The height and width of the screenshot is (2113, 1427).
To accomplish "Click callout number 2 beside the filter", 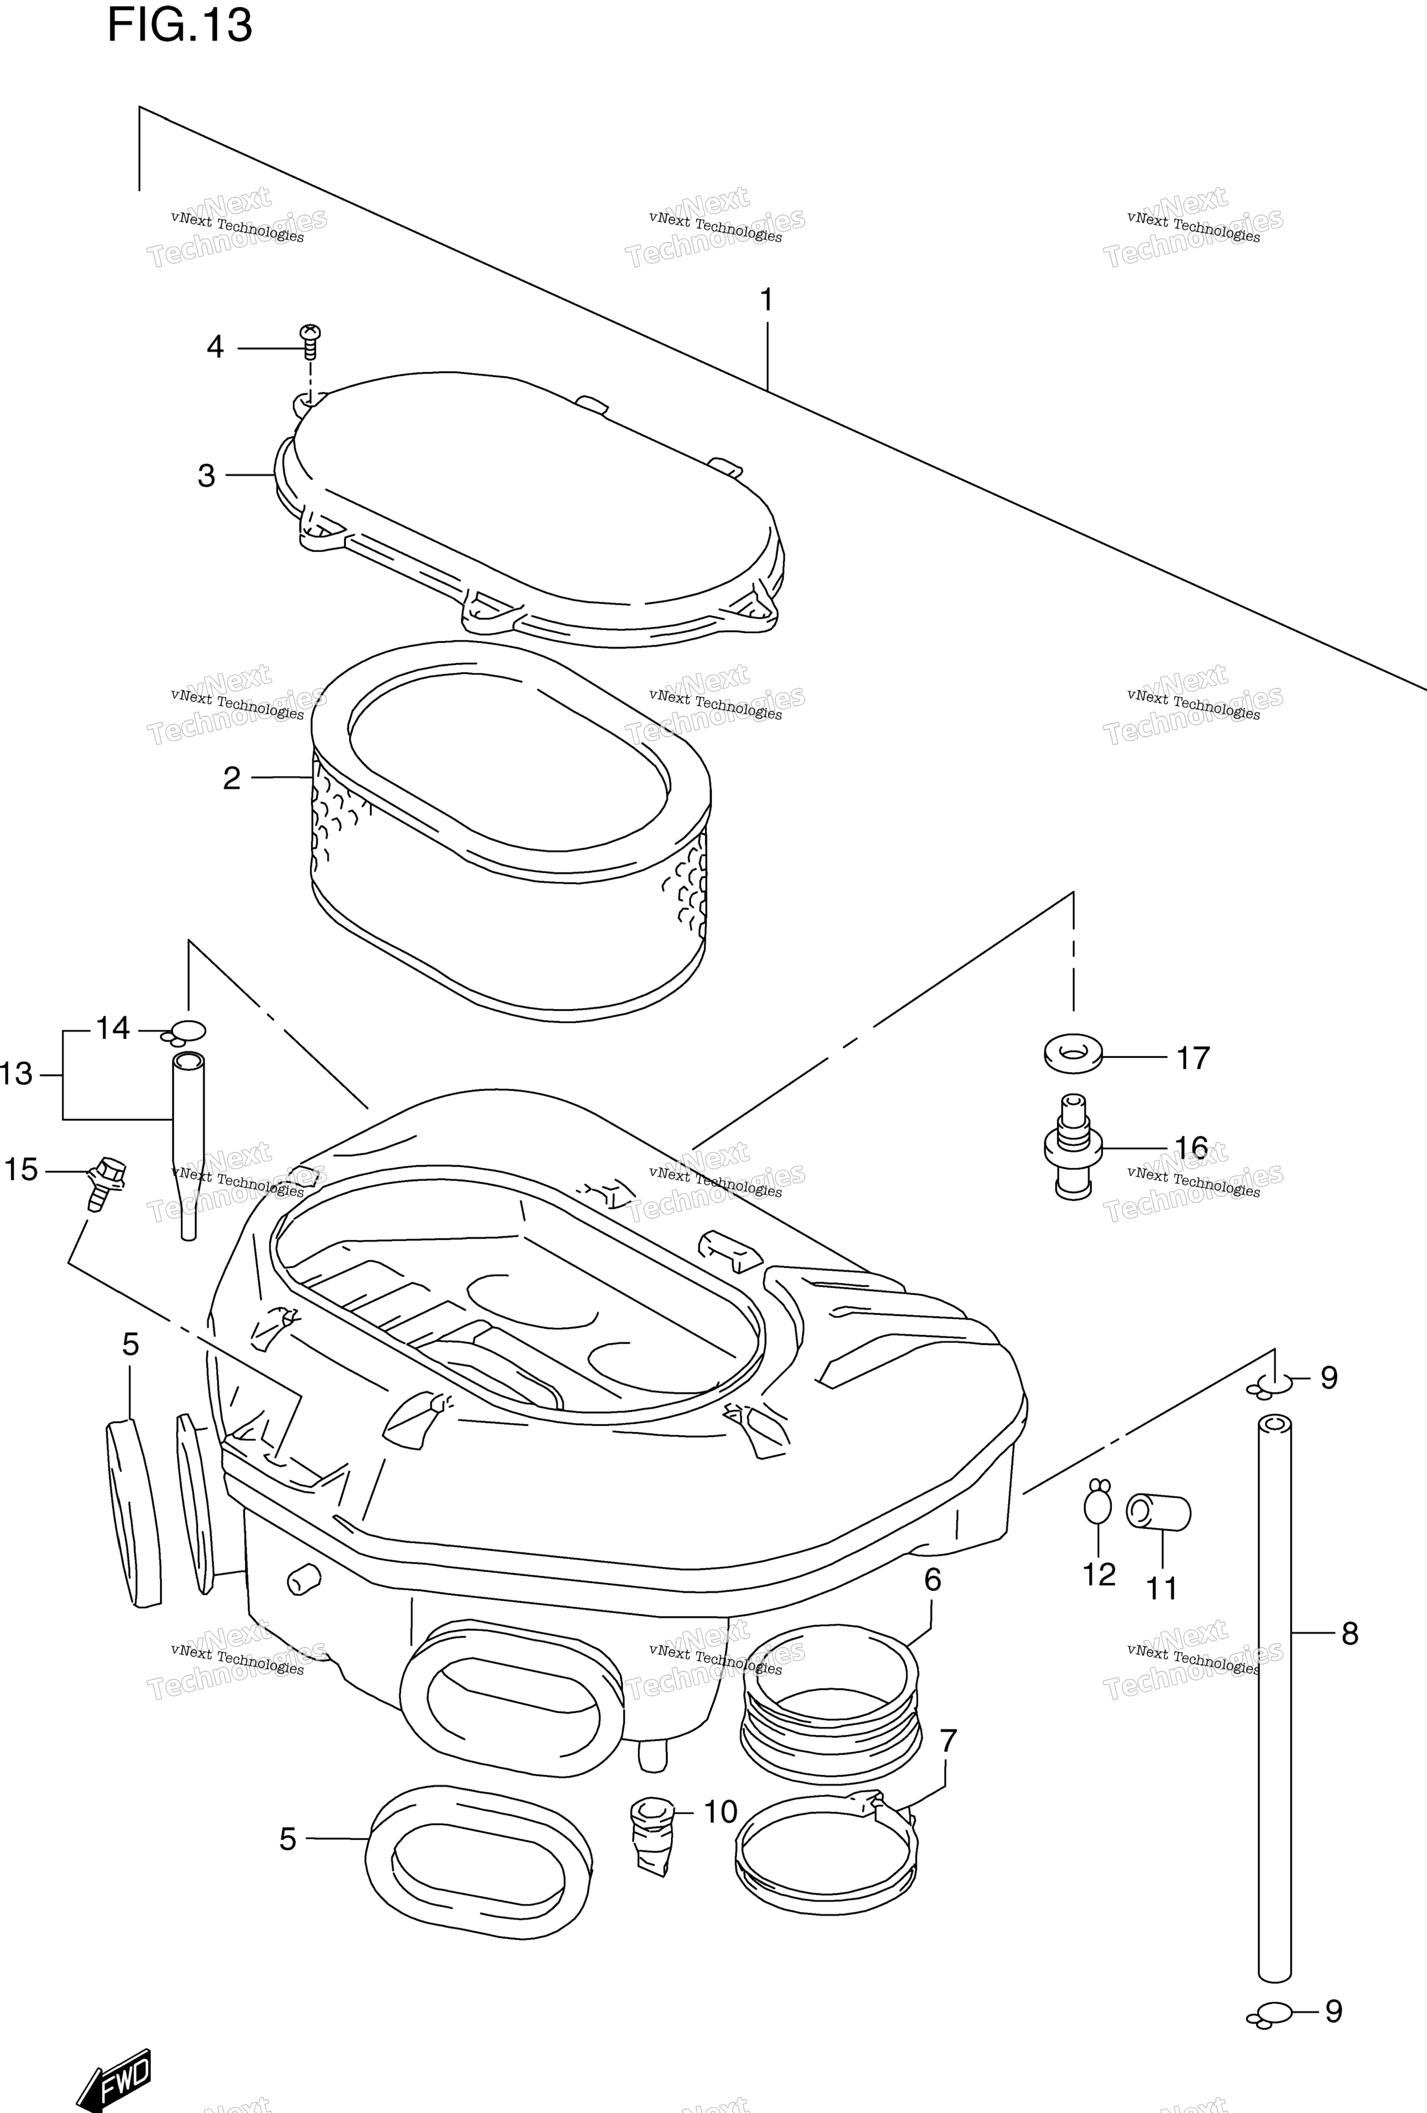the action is pyautogui.click(x=232, y=778).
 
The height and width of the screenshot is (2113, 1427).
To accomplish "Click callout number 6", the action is pyautogui.click(x=933, y=1580).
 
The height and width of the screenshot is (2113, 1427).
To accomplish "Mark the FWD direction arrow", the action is pyautogui.click(x=114, y=2059).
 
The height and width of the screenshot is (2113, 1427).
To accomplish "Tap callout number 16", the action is pyautogui.click(x=1191, y=1148).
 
